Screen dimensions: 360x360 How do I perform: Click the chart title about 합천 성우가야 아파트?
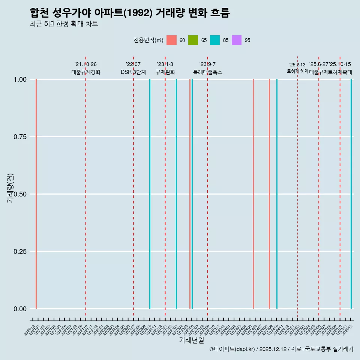coord(129,13)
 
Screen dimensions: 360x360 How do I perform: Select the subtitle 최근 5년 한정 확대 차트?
coord(64,24)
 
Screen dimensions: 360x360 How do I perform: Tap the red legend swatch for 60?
coord(171,40)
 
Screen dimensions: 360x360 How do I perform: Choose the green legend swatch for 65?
coord(193,40)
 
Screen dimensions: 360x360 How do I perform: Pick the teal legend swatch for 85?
coord(215,40)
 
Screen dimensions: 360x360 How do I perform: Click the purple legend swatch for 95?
coord(237,40)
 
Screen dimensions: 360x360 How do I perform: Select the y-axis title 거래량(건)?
coord(10,187)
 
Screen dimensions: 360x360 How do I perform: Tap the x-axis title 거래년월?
coord(191,340)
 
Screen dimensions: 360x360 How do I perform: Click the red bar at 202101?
coord(36,194)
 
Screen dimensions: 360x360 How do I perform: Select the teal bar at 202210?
coord(150,194)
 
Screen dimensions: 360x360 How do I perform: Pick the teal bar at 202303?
coord(176,194)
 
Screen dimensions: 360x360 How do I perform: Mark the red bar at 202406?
coord(253,194)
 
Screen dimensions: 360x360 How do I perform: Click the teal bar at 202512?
coord(351,194)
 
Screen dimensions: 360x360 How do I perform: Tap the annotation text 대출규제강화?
coord(86,72)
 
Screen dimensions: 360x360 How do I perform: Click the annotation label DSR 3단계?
coord(133,72)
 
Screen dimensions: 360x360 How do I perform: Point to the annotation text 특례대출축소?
coord(208,72)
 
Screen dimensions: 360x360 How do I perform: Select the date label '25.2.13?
coord(297,65)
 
